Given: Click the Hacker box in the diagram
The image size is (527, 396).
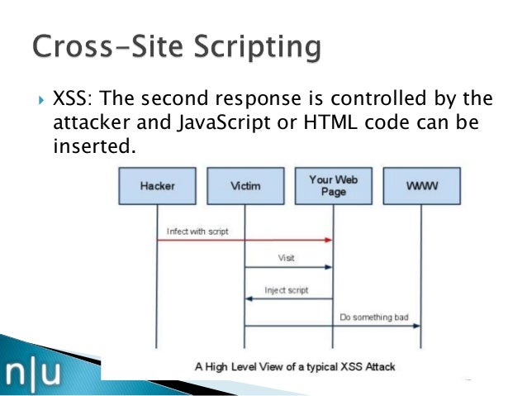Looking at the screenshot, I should pyautogui.click(x=157, y=186).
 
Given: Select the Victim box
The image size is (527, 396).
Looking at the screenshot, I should pyautogui.click(x=245, y=186).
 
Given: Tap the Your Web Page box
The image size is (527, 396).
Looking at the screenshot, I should pyautogui.click(x=333, y=186).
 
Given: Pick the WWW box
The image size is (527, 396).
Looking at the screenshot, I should pyautogui.click(x=421, y=186).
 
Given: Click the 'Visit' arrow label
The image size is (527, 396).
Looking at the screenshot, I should pyautogui.click(x=286, y=258).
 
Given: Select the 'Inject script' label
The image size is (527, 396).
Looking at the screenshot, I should pyautogui.click(x=285, y=289).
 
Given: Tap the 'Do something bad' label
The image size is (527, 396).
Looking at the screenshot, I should pyautogui.click(x=374, y=317).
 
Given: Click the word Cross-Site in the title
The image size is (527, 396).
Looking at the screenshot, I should pyautogui.click(x=100, y=47).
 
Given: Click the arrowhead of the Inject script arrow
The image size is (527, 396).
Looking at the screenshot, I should pyautogui.click(x=249, y=298).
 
